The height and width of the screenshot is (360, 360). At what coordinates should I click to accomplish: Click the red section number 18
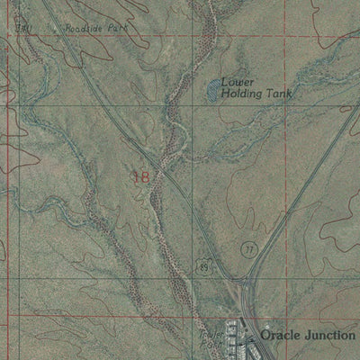click(140, 178)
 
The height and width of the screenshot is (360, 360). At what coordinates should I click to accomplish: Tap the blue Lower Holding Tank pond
click(211, 88)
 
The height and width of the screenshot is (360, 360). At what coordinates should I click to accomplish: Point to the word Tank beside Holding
click(281, 93)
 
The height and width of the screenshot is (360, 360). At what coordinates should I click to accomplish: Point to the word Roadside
click(81, 29)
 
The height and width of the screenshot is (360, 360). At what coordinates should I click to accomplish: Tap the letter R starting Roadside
click(67, 29)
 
